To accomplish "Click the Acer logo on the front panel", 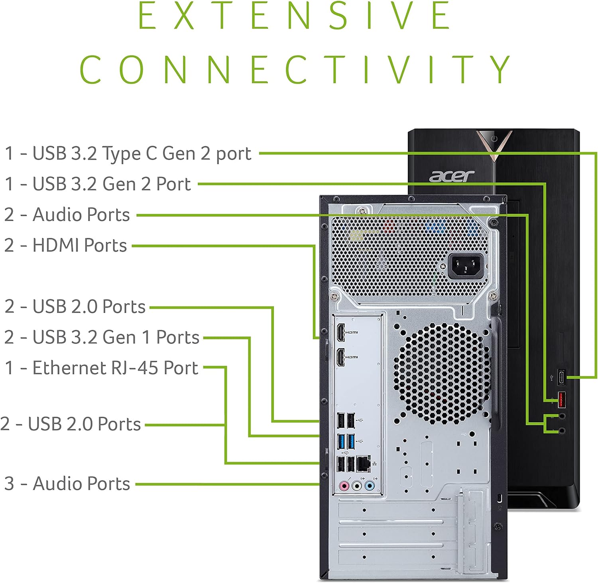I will (451, 176).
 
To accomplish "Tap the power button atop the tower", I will (494, 139).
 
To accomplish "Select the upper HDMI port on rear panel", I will (341, 333).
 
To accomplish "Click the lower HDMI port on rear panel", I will (341, 357).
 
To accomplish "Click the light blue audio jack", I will (370, 486).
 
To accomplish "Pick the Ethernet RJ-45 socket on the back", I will (363, 464).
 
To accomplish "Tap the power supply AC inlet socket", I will (466, 266).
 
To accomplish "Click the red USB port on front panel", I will (561, 399).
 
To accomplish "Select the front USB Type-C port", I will (561, 377).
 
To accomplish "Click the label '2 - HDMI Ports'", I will (66, 245).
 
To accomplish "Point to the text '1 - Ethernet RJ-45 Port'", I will (101, 368).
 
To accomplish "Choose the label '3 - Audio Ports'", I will (67, 483).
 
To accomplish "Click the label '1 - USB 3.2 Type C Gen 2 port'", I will (128, 154).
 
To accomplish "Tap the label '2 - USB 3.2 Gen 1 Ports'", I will (102, 337).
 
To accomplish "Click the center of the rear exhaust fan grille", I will (442, 374).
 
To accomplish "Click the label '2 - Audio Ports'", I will (67, 215).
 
